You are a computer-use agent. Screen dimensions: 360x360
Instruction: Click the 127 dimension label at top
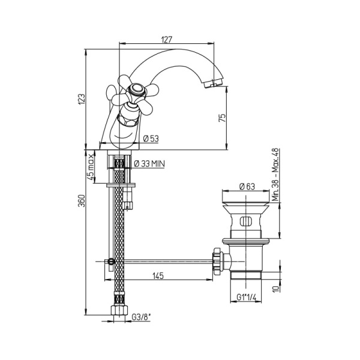pyautogui.click(x=167, y=39)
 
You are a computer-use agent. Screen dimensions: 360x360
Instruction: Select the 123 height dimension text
pyautogui.click(x=82, y=100)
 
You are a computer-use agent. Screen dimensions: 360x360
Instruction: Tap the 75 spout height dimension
pyautogui.click(x=222, y=118)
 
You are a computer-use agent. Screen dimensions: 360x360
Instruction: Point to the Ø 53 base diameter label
pyautogui.click(x=151, y=139)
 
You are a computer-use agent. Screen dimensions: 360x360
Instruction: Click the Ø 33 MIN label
pyautogui.click(x=149, y=164)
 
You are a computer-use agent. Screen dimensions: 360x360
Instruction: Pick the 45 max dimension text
pyautogui.click(x=91, y=167)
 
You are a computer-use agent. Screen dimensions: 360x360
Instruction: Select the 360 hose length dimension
pyautogui.click(x=82, y=200)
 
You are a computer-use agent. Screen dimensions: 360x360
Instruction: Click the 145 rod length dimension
pyautogui.click(x=158, y=276)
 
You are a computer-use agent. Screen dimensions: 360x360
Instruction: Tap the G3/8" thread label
pyautogui.click(x=141, y=317)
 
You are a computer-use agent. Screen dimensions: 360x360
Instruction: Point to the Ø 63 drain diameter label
pyautogui.click(x=247, y=186)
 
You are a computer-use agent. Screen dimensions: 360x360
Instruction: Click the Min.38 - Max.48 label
pyautogui.click(x=275, y=175)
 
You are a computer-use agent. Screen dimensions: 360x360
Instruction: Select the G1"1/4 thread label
pyautogui.click(x=246, y=298)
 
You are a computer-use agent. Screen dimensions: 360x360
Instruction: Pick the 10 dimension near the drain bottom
pyautogui.click(x=277, y=289)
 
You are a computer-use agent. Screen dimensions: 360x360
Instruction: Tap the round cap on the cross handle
pyautogui.click(x=136, y=89)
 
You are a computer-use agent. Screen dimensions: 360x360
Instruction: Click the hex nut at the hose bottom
pyautogui.click(x=119, y=310)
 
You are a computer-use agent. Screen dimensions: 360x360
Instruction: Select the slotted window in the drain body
pyautogui.click(x=245, y=222)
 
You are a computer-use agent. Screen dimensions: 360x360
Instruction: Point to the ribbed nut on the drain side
pyautogui.click(x=217, y=261)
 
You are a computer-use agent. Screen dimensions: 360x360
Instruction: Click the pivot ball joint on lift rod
pyautogui.click(x=111, y=261)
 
